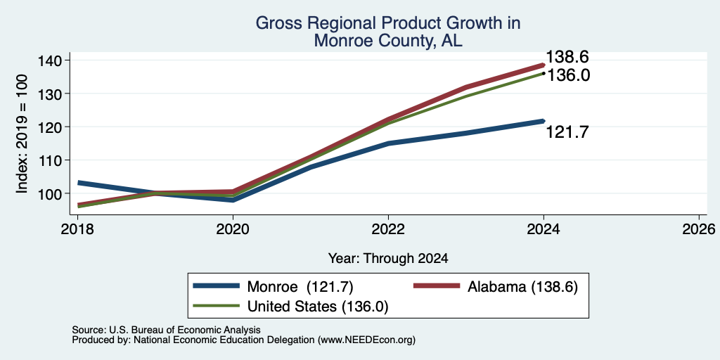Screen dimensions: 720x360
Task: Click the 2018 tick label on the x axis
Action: tap(78, 229)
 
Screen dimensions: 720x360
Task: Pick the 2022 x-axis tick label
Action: tap(388, 229)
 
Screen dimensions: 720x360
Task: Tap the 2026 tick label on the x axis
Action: tap(699, 229)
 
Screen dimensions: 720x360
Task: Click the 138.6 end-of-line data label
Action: tap(567, 58)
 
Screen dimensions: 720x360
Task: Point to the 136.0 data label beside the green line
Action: tap(568, 75)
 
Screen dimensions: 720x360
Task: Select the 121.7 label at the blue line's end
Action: tap(567, 132)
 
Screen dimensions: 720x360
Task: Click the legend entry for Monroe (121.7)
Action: tap(274, 287)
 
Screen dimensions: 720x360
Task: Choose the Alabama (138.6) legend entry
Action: tap(496, 287)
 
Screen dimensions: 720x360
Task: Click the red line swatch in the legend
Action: tap(437, 286)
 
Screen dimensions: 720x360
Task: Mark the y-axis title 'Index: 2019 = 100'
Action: tap(22, 134)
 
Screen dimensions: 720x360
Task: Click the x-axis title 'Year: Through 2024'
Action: tap(388, 258)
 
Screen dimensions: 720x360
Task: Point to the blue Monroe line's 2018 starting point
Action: tap(78, 183)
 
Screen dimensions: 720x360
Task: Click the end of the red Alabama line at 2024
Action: tap(544, 65)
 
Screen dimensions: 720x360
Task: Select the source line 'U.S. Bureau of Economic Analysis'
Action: tap(185, 330)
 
